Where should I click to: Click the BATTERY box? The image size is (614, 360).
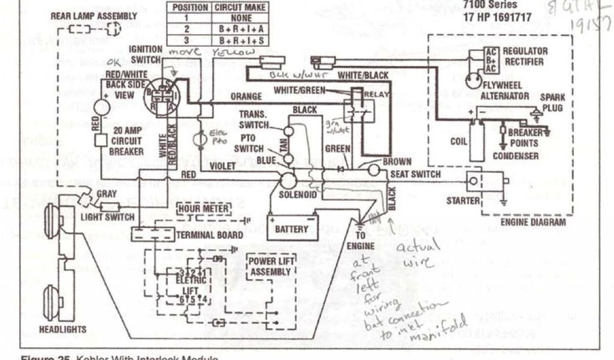[291, 229]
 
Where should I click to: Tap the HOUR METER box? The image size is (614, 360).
[203, 209]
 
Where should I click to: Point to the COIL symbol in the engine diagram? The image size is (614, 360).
[477, 140]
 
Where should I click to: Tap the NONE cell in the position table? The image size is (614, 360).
[240, 18]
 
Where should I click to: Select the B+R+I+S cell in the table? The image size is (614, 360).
[240, 40]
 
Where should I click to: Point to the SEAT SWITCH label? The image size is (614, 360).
[415, 175]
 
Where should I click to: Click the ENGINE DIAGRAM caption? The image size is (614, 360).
[532, 222]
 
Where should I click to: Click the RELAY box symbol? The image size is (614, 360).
[359, 110]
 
